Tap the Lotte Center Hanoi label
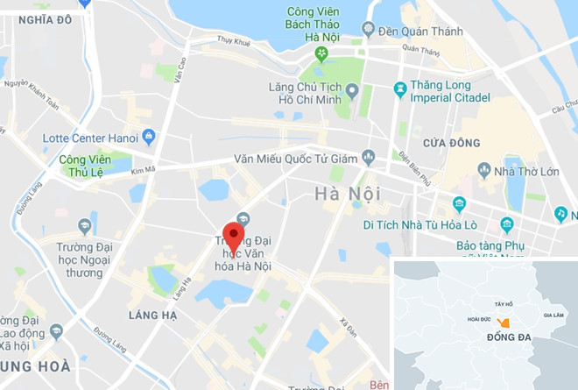(93, 138)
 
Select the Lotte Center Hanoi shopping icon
(149, 137)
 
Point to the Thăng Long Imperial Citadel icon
(399, 89)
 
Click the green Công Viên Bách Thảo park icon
(322, 54)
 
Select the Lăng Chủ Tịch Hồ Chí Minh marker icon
(352, 89)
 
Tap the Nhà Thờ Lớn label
(526, 171)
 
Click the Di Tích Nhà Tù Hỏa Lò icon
(459, 204)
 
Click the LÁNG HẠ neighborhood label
(153, 314)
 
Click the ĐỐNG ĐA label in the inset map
(509, 338)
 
